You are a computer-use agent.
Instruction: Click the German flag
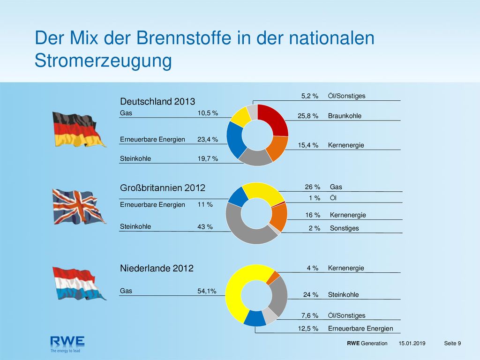[79, 130]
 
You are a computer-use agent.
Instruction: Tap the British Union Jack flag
[79, 207]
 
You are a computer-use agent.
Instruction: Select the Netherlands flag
[79, 284]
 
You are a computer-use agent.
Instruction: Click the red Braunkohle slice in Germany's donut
[273, 120]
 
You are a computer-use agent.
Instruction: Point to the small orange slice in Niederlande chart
[273, 278]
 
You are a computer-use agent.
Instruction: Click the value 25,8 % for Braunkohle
[308, 116]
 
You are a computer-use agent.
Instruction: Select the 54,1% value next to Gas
[207, 291]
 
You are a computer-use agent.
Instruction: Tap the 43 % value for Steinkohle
[205, 227]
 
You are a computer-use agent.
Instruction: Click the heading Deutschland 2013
[157, 101]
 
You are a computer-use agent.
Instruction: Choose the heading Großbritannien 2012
[163, 187]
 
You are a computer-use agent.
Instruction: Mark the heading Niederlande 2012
[157, 268]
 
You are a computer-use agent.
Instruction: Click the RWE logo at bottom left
[67, 344]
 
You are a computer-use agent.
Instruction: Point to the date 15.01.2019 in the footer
[412, 343]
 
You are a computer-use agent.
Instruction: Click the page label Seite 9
[452, 343]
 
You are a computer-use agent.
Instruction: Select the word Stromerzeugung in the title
[103, 60]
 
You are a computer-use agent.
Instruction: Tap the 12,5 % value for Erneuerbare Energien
[308, 329]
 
